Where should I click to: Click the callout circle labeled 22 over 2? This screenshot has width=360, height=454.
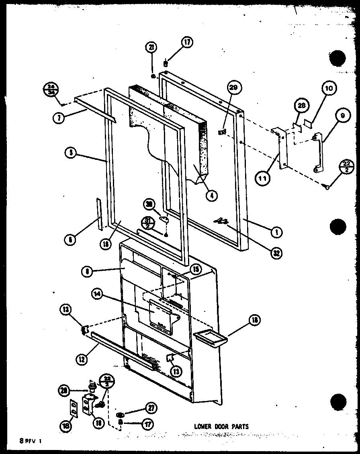pyautogui.click(x=346, y=166)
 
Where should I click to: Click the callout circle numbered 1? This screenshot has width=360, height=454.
pyautogui.click(x=276, y=232)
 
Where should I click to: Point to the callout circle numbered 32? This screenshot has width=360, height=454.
pyautogui.click(x=276, y=253)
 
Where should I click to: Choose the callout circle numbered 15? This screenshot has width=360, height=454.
pyautogui.click(x=196, y=269)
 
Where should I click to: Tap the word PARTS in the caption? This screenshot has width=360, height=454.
pyautogui.click(x=240, y=426)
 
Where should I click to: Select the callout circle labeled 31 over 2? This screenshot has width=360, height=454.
pyautogui.click(x=147, y=223)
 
